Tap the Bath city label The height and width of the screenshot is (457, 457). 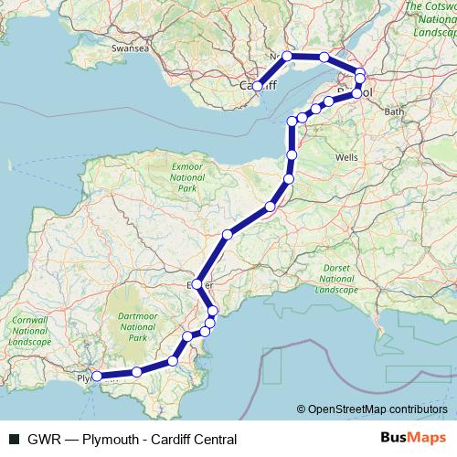click(x=395, y=112)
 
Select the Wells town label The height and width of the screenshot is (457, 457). click(x=346, y=157)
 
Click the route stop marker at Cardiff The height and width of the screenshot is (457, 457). click(x=259, y=87)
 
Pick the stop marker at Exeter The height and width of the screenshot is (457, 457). click(x=198, y=284)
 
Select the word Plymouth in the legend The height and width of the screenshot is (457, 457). click(x=111, y=439)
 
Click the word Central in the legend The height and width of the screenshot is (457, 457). click(x=213, y=439)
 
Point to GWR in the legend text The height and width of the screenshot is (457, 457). click(x=41, y=439)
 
